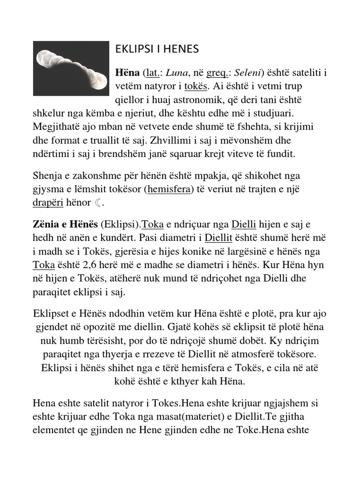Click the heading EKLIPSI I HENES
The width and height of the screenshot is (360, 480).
coord(157,49)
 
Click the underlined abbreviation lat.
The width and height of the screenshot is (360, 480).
coord(153,74)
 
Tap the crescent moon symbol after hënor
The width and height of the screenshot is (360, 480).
coord(97,203)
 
